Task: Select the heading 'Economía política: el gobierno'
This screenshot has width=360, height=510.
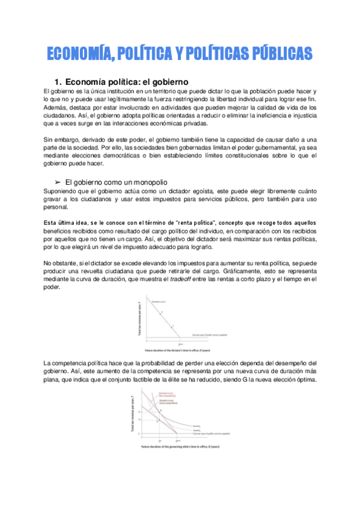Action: [x=127, y=81]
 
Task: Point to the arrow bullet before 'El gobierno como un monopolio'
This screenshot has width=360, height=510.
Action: [x=58, y=182]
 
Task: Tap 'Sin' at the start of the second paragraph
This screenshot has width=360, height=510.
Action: [x=50, y=140]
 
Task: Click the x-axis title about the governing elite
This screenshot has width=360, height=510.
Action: [x=180, y=448]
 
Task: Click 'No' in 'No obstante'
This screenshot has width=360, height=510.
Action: [x=49, y=263]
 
